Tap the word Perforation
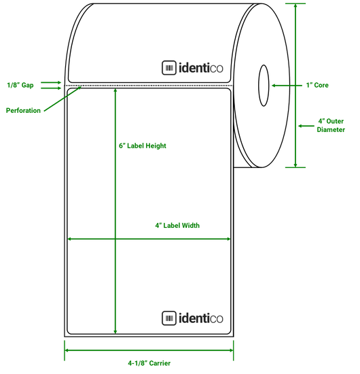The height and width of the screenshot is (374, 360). pyautogui.click(x=23, y=110)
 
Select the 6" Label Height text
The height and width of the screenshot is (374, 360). pyautogui.click(x=143, y=146)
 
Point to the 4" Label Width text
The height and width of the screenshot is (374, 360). pyautogui.click(x=177, y=226)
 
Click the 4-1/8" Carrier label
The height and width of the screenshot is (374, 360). pyautogui.click(x=149, y=363)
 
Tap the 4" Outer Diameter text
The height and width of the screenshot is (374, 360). pyautogui.click(x=331, y=126)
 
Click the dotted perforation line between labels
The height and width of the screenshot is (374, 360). pyautogui.click(x=149, y=86)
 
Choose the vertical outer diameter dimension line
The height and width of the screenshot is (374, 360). pyautogui.click(x=295, y=85)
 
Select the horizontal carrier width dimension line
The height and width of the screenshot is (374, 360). pyautogui.click(x=149, y=350)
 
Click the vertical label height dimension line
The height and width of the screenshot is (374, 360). pyautogui.click(x=116, y=204)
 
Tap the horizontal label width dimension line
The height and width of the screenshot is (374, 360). pyautogui.click(x=149, y=239)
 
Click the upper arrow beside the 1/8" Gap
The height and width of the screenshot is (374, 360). pyautogui.click(x=51, y=82)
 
